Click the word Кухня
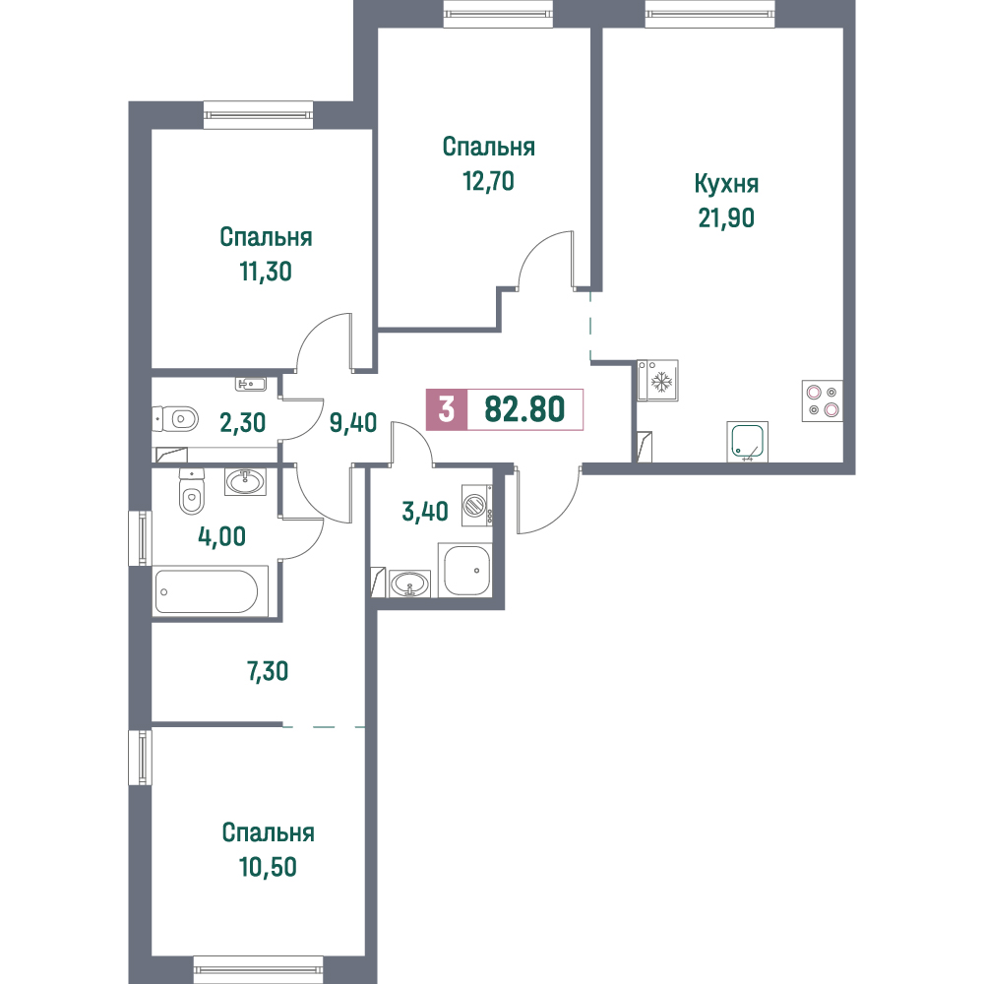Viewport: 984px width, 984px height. point(726,185)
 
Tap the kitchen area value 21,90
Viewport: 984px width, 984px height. point(726,217)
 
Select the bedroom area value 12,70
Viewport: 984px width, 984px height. point(488,181)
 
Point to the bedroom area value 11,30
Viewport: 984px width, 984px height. point(266,272)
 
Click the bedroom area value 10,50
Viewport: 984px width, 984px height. point(268,867)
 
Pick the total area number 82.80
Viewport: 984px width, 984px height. point(524,409)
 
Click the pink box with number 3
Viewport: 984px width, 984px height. point(446,409)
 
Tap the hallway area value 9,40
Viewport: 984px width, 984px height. point(353,423)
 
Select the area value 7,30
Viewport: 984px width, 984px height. point(268,671)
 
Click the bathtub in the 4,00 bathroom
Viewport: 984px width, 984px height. point(206,591)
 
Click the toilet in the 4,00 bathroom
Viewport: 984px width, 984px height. point(192,491)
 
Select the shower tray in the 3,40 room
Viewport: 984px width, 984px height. point(466,571)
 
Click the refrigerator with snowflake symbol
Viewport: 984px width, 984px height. point(657,380)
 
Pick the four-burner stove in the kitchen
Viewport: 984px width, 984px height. point(822,401)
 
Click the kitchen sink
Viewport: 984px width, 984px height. point(748,442)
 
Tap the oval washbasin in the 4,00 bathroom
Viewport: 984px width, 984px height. point(245,481)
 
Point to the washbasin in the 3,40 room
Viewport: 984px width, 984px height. point(409,584)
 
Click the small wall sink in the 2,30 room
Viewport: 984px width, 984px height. point(251,384)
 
